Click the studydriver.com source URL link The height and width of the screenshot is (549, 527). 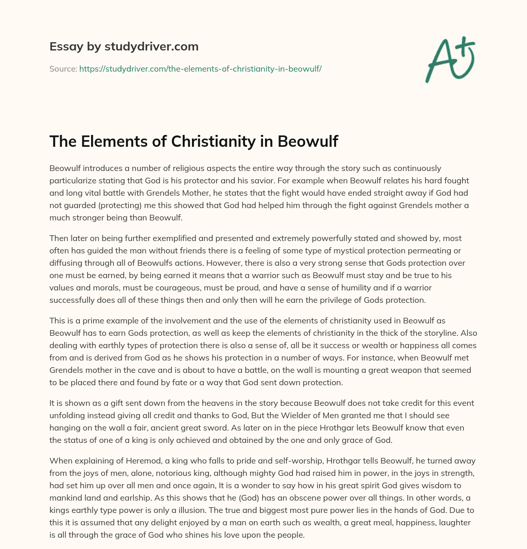pos(200,68)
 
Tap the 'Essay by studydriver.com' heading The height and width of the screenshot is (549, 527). pos(124,46)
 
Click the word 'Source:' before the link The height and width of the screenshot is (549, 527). pos(63,68)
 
